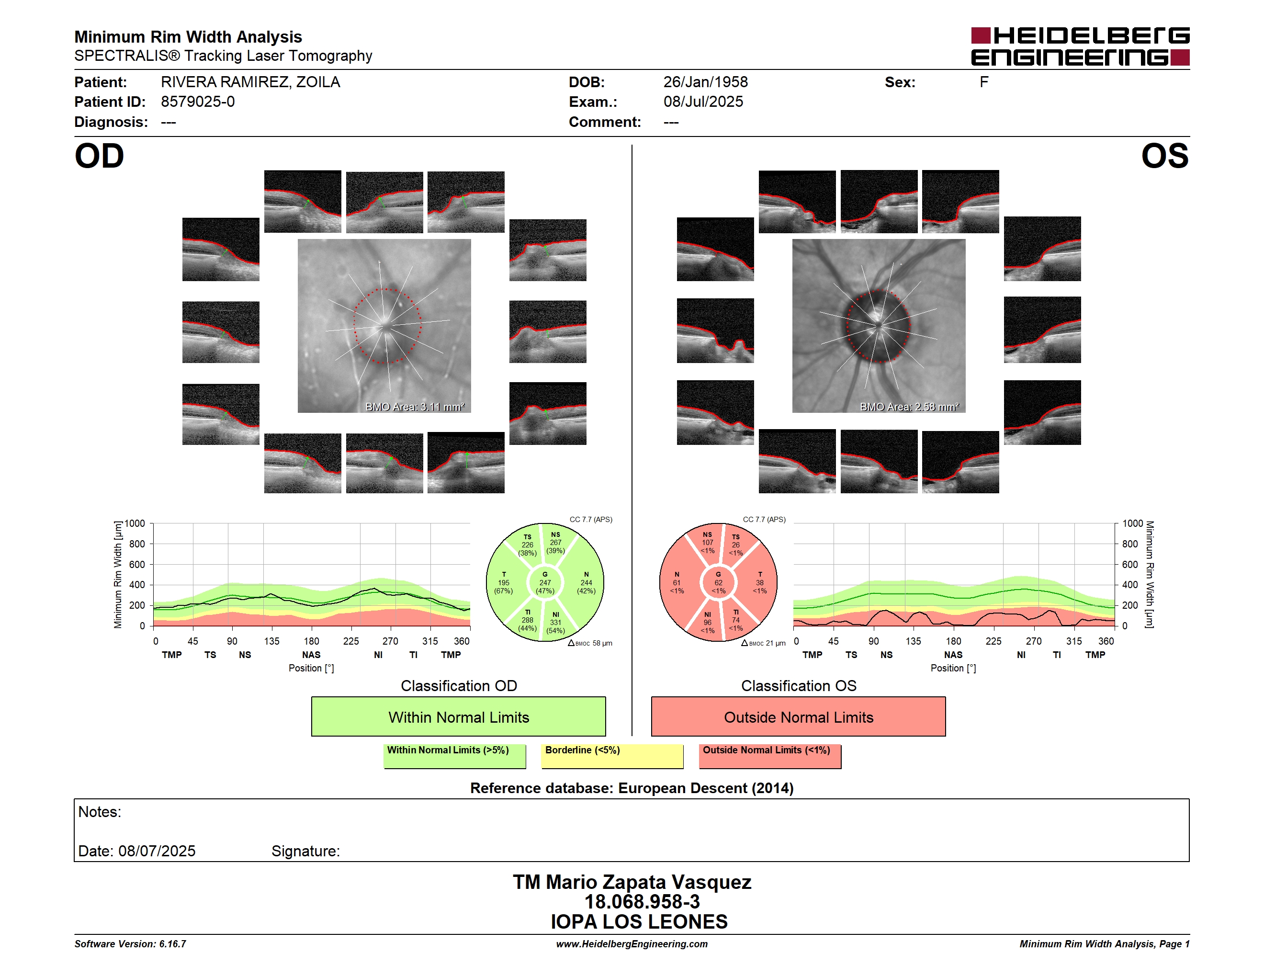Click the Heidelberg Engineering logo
pos(1080,46)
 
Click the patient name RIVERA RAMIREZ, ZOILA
pos(250,82)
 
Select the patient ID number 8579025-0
pos(198,102)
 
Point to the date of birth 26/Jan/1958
pos(706,82)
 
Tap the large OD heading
pos(100,156)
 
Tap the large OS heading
pos(1164,156)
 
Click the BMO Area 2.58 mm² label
pos(909,407)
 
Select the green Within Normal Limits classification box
pos(458,716)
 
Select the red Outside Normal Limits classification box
pos(799,716)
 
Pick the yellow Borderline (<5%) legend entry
pos(612,756)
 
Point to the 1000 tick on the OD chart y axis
pos(135,524)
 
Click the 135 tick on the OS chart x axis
pos(913,641)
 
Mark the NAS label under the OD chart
pos(311,655)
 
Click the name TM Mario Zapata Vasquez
pos(632,882)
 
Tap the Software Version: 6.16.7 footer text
pos(130,944)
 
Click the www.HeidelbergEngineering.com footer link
pos(632,944)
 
